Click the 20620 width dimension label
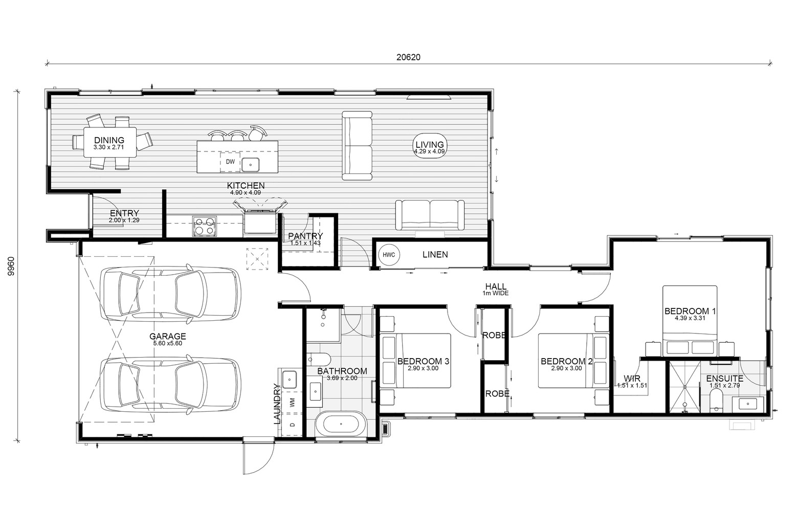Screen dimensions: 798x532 coord(408,57)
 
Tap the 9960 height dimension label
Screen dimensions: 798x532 coord(11,266)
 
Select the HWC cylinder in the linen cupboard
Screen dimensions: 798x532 coord(389,255)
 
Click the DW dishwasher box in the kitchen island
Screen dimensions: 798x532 coord(230,162)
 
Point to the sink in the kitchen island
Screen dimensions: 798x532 coord(251,165)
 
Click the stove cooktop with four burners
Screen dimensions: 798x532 coord(204,226)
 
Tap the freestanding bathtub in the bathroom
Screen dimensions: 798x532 coord(341,424)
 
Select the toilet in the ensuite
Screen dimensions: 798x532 coord(715,401)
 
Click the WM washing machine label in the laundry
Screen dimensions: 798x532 coord(292,404)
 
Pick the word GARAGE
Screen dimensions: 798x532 coord(167,336)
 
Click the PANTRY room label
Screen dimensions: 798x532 coord(305,236)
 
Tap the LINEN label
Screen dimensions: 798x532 coord(435,254)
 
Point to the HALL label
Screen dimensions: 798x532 coord(496,286)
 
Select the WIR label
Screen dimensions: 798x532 coord(632,379)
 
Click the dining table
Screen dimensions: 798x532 coord(110,142)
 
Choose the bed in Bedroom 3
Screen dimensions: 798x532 coord(415,361)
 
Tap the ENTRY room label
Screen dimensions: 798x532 coord(124,213)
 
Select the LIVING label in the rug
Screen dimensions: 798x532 coord(430,145)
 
